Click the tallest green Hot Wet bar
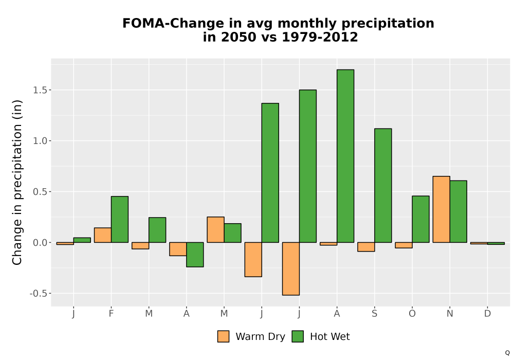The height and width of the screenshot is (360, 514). (345, 156)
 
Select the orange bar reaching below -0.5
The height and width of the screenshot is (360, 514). (291, 269)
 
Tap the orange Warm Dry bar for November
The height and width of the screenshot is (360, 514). (441, 209)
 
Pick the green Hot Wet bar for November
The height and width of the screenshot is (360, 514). (458, 211)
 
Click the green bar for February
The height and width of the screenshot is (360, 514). (120, 220)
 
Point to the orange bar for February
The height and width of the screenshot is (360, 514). (103, 235)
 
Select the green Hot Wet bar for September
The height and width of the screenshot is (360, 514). (383, 186)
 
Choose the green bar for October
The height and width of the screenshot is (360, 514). (420, 220)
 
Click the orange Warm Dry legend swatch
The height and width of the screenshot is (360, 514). (223, 336)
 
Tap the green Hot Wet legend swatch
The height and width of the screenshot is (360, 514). (298, 336)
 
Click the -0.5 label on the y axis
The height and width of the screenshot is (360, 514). (39, 294)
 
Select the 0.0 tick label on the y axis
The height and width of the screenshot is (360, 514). (40, 243)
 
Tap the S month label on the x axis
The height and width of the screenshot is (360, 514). (374, 314)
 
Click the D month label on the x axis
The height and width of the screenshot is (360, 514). (487, 314)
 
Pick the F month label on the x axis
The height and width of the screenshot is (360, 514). (111, 314)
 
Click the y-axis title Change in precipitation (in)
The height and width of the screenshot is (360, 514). (17, 182)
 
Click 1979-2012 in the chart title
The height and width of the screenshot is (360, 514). (320, 37)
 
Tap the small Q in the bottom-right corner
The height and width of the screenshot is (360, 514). (507, 353)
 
